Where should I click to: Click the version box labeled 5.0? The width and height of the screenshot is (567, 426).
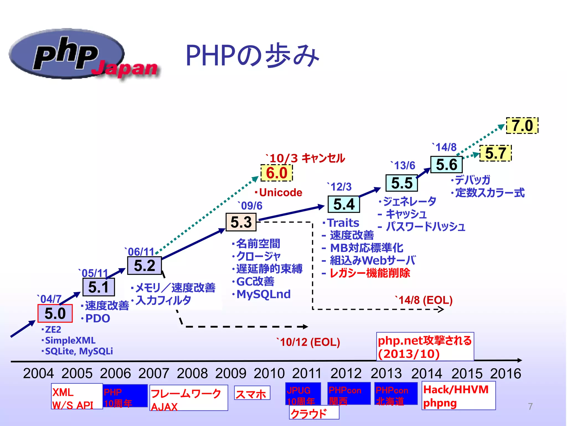point(55,313)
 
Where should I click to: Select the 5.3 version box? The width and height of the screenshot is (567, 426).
point(241,222)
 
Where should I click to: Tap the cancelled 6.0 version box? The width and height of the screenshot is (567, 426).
point(277,173)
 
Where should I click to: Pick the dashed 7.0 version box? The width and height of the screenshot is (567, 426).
point(522,126)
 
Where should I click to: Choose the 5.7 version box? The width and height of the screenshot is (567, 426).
point(496,153)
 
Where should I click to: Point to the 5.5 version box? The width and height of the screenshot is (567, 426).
point(402,183)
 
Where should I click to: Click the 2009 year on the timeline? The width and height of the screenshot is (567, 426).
point(231,373)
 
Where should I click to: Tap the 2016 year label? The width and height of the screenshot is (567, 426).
point(506,373)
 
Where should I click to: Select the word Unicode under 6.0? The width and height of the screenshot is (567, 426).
point(280,192)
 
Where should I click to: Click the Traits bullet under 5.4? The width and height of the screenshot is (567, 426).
point(343,223)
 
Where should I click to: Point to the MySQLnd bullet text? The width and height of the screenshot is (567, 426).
point(263,294)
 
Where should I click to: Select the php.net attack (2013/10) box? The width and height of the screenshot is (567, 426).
point(425,347)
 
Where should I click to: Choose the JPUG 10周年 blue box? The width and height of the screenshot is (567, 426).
point(303,394)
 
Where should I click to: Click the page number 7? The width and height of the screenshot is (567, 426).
point(530,406)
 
